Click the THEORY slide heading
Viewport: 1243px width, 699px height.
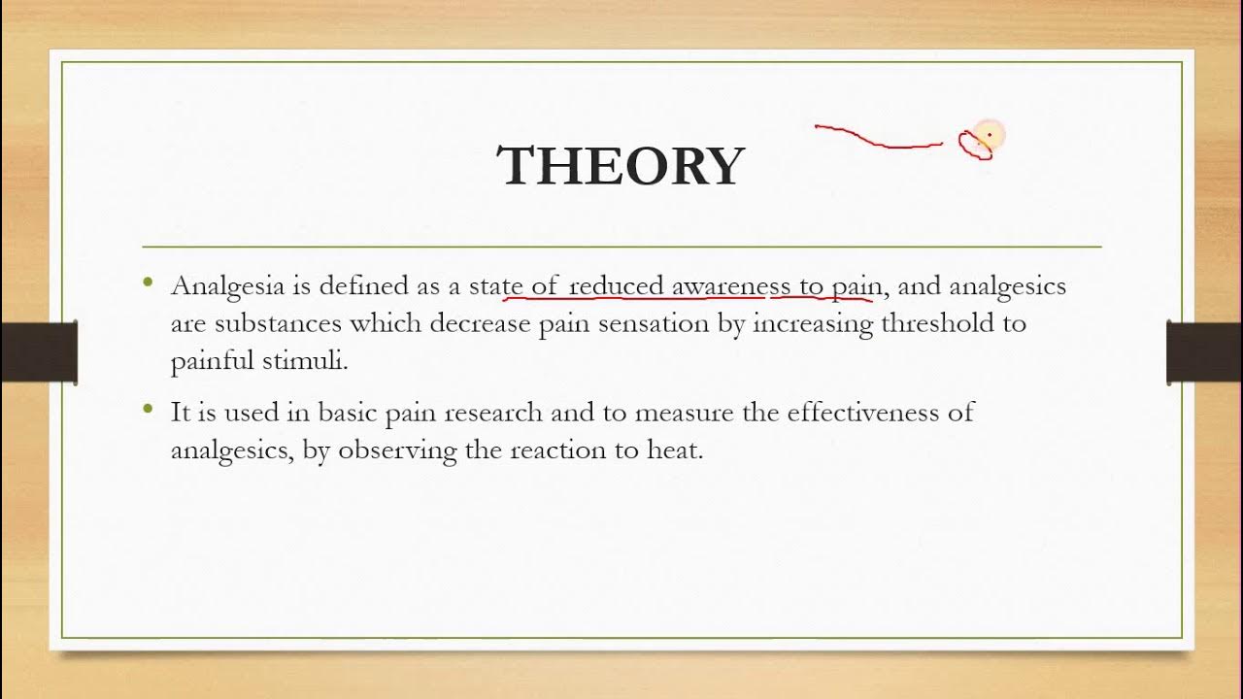point(621,166)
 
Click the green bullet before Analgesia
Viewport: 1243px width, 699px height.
point(148,283)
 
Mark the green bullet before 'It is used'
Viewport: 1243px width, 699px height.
point(148,409)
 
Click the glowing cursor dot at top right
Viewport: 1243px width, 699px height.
point(988,135)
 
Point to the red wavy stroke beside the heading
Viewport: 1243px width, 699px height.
point(877,138)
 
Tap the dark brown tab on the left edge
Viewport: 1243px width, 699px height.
point(39,351)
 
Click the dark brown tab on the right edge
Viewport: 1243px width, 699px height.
point(1204,351)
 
